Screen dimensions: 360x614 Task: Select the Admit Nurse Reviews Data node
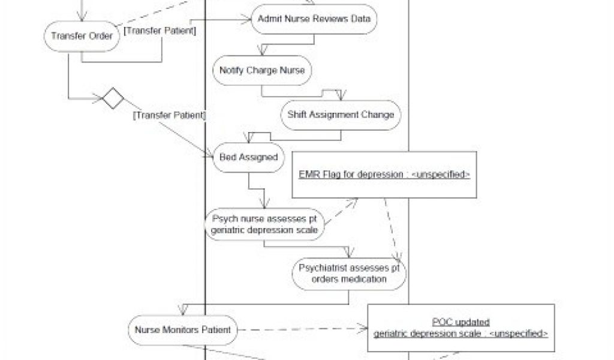coord(313,19)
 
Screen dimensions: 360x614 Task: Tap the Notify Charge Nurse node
coord(262,71)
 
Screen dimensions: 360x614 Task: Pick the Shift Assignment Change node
coord(340,114)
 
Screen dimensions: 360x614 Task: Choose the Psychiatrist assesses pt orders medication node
coord(349,273)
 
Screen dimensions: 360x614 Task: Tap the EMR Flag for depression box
coord(384,175)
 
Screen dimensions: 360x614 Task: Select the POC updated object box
coord(460,328)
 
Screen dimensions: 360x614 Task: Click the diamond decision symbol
coord(112,98)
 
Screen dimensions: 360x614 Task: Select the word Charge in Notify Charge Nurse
coord(262,71)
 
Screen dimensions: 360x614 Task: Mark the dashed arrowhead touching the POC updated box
coord(362,329)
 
